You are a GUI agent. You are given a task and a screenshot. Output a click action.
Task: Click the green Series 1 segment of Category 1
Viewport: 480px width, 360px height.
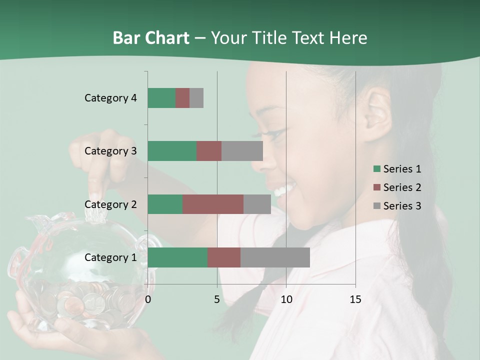pyautogui.click(x=177, y=257)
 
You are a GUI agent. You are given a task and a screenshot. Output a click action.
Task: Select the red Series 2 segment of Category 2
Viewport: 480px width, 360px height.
pyautogui.click(x=213, y=204)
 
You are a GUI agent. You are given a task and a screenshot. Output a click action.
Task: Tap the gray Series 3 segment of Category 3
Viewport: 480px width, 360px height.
pyautogui.click(x=242, y=151)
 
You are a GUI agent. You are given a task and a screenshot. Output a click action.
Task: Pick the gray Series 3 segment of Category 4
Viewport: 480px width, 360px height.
pyautogui.click(x=196, y=98)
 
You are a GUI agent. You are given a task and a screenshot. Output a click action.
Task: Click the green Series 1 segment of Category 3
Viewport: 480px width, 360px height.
pyautogui.click(x=172, y=151)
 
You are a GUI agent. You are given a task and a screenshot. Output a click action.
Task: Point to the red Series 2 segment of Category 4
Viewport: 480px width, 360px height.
pyautogui.click(x=182, y=98)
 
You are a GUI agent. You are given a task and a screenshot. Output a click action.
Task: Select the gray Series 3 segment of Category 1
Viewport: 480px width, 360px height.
pyautogui.click(x=275, y=257)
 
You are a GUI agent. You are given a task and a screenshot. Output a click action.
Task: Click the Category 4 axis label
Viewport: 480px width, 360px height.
pyautogui.click(x=110, y=98)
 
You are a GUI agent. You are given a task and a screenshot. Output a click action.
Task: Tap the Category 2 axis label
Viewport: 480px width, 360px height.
pyautogui.click(x=110, y=204)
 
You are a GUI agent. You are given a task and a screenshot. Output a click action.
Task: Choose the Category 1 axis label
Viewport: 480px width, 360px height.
pyautogui.click(x=110, y=257)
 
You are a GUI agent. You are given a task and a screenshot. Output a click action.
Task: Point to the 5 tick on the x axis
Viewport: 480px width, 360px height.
pyautogui.click(x=216, y=299)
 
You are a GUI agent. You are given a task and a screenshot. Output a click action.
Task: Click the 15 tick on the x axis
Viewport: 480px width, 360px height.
pyautogui.click(x=355, y=299)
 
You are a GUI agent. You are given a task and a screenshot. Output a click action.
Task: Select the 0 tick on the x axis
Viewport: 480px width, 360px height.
pyautogui.click(x=148, y=299)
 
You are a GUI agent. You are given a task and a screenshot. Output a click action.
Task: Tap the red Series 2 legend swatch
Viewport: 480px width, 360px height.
pyautogui.click(x=377, y=187)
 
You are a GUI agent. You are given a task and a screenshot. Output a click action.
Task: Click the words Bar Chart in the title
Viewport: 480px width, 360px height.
pyautogui.click(x=150, y=38)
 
